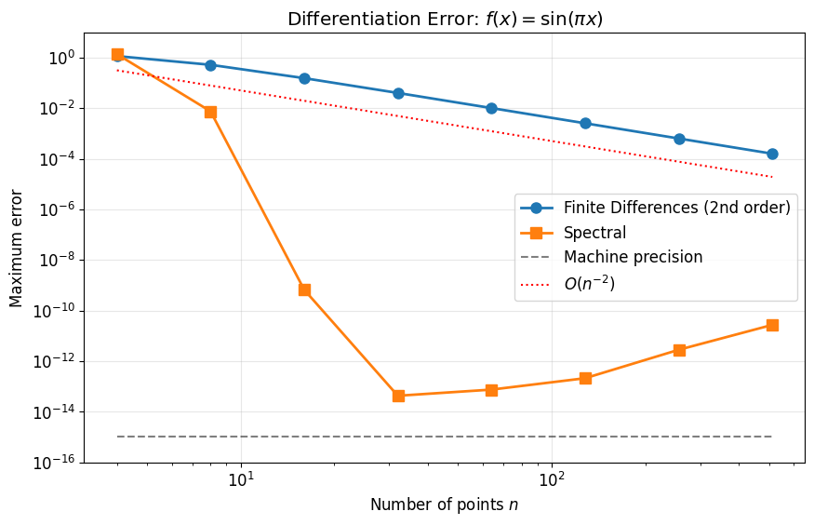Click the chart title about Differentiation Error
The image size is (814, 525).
click(x=445, y=19)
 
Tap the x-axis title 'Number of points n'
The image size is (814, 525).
click(x=445, y=505)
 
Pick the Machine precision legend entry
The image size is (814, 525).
click(x=633, y=258)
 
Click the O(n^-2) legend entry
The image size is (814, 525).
click(x=589, y=284)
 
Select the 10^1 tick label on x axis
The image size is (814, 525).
click(x=242, y=480)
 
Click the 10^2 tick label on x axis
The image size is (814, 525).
click(x=553, y=480)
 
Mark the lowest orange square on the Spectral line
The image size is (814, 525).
click(x=398, y=396)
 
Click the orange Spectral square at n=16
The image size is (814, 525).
click(x=304, y=289)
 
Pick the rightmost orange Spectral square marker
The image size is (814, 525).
click(x=772, y=325)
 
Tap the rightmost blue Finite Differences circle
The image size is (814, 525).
click(x=772, y=154)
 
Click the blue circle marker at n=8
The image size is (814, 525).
click(x=210, y=65)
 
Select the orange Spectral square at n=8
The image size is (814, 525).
click(x=210, y=112)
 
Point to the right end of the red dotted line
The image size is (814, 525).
click(x=772, y=177)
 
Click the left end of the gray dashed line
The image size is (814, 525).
click(x=117, y=437)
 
